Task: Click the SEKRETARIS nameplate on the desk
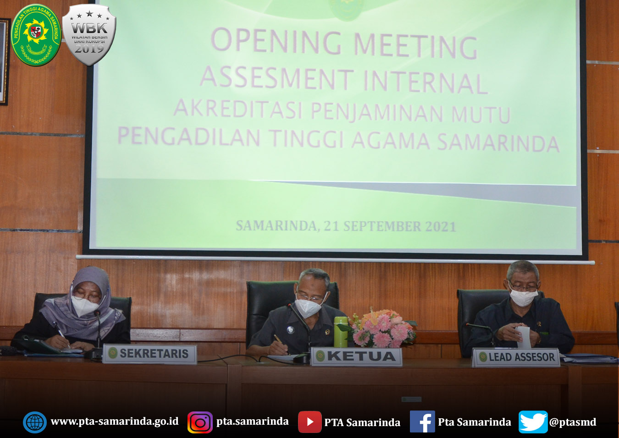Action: click(150, 354)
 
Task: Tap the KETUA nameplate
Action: click(356, 356)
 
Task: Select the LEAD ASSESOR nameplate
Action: click(516, 357)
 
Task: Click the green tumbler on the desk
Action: click(340, 332)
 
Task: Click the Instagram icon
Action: click(200, 422)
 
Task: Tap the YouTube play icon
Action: click(309, 422)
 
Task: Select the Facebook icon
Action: click(422, 422)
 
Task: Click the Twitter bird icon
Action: click(533, 422)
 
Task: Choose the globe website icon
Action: click(35, 422)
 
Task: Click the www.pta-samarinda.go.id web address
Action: click(115, 422)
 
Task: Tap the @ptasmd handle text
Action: click(573, 422)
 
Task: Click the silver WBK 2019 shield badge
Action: click(89, 35)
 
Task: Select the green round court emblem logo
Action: click(36, 35)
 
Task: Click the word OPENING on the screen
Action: click(276, 41)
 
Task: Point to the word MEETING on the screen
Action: click(415, 46)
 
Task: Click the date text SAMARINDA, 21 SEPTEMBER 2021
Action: click(346, 226)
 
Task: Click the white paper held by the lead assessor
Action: click(524, 337)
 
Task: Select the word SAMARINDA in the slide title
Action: click(498, 142)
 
